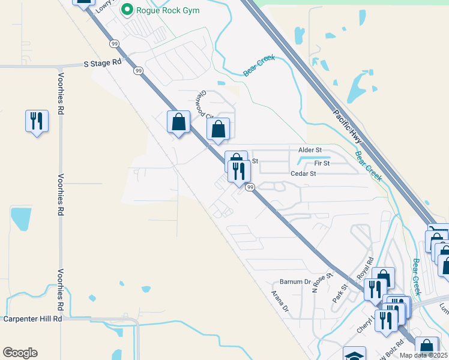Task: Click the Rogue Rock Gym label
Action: click(x=167, y=10)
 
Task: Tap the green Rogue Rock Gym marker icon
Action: click(x=127, y=10)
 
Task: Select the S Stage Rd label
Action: click(x=102, y=62)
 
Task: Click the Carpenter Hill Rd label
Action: click(x=32, y=319)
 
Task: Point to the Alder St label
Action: click(x=310, y=149)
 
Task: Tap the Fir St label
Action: click(x=322, y=163)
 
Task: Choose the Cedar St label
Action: click(x=303, y=173)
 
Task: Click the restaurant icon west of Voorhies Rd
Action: click(x=37, y=122)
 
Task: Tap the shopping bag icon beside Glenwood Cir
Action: click(x=218, y=129)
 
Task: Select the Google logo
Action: click(x=20, y=353)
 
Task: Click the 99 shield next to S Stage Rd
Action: click(x=139, y=71)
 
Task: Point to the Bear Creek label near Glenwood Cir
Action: click(x=259, y=66)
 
